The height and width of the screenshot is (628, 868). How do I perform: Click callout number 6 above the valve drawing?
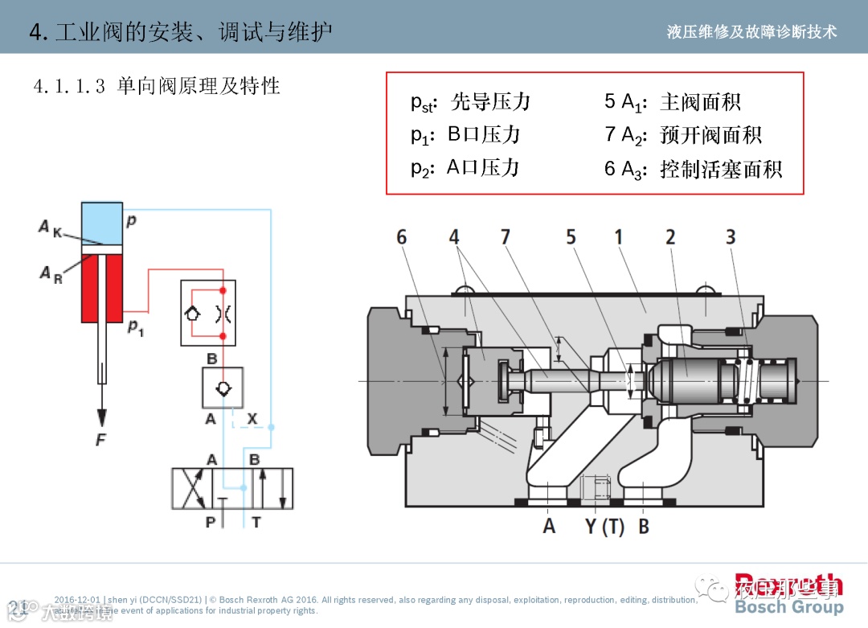pos(402,237)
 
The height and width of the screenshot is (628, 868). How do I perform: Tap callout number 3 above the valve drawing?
pos(731,237)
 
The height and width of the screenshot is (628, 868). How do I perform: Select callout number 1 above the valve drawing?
pos(619,237)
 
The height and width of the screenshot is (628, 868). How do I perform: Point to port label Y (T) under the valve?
pos(604,527)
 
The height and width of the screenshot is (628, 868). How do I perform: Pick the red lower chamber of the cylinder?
pos(102,282)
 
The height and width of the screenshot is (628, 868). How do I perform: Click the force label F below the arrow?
pos(101,440)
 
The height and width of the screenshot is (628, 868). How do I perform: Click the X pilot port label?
pos(252,419)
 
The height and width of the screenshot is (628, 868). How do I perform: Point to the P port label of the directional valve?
pos(211,523)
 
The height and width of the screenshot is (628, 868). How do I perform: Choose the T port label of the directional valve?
pos(256,523)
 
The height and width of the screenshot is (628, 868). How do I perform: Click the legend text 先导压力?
pos(490,102)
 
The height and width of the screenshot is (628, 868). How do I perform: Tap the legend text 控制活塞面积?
pos(721,169)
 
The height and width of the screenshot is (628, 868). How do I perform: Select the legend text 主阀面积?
pos(700,102)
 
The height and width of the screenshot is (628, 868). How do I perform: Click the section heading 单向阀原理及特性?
pos(198,86)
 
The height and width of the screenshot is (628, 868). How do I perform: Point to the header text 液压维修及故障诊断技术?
pos(752,31)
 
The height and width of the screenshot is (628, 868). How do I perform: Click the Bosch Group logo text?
pos(789,607)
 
